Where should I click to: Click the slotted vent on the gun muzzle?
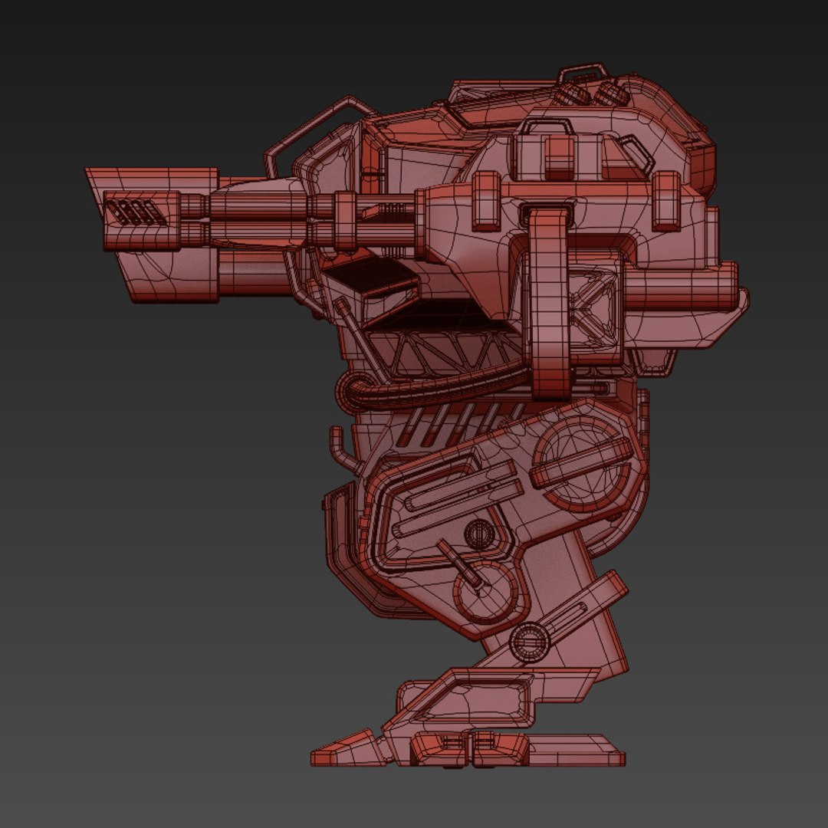tap(131, 212)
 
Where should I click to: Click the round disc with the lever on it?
tap(484, 590)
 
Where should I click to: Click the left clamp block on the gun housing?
tap(486, 201)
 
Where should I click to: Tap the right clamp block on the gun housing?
tap(665, 200)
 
